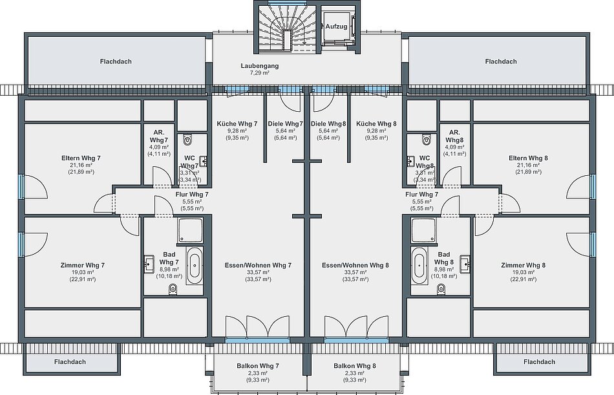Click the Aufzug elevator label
(336, 27)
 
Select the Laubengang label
(260, 66)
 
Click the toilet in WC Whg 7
(188, 139)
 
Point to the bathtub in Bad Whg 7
(195, 266)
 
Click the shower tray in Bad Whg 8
(423, 230)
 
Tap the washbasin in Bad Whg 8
(465, 264)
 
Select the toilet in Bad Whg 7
(173, 289)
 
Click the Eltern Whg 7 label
(81, 158)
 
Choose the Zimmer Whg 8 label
(523, 265)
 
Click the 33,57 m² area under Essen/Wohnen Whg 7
(258, 272)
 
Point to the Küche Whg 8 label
(376, 124)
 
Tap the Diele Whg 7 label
(286, 124)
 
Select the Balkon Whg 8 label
(355, 366)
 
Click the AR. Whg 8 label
(454, 136)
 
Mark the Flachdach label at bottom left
(70, 362)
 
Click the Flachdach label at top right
(501, 61)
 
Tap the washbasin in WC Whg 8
(411, 161)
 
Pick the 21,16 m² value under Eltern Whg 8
(528, 165)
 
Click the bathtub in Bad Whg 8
(419, 266)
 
